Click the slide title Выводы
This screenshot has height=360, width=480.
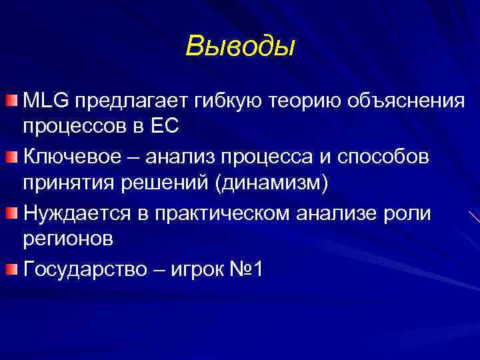(x=240, y=46)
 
